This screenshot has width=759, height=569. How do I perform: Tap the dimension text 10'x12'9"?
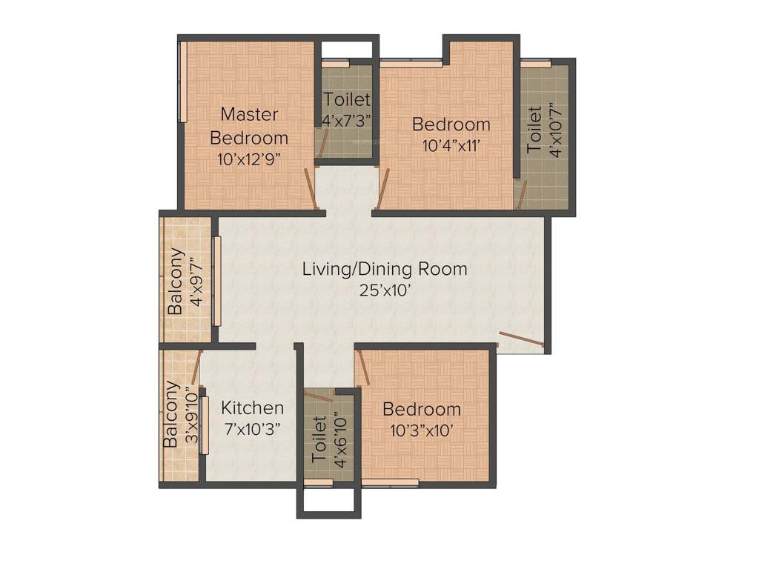click(x=249, y=159)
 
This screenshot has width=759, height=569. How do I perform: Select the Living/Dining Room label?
click(x=385, y=268)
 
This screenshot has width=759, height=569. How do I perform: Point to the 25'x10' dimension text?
click(x=385, y=290)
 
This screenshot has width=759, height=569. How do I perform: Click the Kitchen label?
click(x=253, y=407)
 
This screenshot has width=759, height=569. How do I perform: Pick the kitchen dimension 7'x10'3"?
click(x=253, y=429)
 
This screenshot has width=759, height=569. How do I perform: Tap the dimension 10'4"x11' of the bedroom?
click(x=451, y=146)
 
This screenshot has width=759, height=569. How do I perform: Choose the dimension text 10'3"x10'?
click(x=421, y=430)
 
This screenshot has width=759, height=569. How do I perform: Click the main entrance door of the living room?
click(x=522, y=339)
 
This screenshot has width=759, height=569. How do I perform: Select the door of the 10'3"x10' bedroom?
click(x=363, y=368)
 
